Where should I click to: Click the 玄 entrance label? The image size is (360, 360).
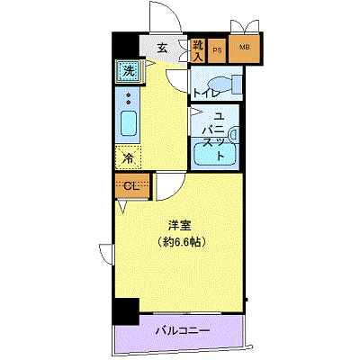(x=163, y=49)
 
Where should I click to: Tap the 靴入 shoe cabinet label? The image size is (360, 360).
(x=197, y=50)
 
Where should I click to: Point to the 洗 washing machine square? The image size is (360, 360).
(x=130, y=69)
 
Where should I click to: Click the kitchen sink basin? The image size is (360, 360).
(x=128, y=123)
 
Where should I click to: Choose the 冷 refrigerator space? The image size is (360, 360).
(x=128, y=158)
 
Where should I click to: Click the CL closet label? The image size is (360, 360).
(x=130, y=186)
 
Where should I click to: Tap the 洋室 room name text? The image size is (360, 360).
(x=179, y=224)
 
